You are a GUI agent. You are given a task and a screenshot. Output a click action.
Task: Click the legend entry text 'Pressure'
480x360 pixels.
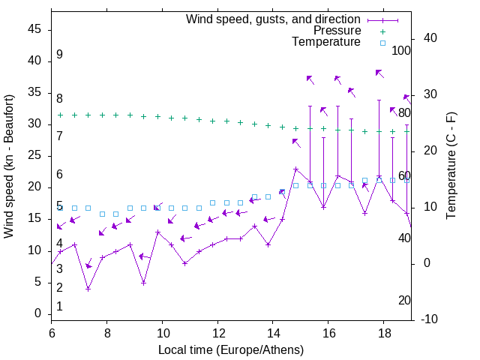click(x=337, y=31)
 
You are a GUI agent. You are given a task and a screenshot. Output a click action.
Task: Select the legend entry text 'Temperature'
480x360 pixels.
click(x=326, y=42)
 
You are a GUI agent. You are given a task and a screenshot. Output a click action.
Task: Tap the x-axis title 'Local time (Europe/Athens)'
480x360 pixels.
click(x=231, y=350)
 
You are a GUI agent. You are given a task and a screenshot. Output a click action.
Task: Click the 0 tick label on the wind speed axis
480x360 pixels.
click(x=38, y=313)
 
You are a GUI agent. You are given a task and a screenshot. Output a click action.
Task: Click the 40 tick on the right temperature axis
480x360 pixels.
click(x=430, y=38)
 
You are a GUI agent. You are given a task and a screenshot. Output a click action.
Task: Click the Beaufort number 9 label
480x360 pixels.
click(x=59, y=55)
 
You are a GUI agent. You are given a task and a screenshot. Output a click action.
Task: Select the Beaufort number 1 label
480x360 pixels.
click(x=59, y=306)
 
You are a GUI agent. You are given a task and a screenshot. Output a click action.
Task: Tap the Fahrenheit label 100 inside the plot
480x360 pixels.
click(x=402, y=51)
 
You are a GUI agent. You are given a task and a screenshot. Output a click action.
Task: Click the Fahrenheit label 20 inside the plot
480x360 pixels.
click(x=404, y=301)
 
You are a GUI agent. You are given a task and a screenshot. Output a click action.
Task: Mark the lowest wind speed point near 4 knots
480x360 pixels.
click(x=88, y=289)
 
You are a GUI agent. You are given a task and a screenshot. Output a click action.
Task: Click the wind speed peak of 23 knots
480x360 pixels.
click(x=295, y=169)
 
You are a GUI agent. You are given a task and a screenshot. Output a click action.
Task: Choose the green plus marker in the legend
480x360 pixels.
click(x=382, y=31)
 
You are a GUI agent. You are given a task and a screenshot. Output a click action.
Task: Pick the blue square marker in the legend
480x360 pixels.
click(x=382, y=43)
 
